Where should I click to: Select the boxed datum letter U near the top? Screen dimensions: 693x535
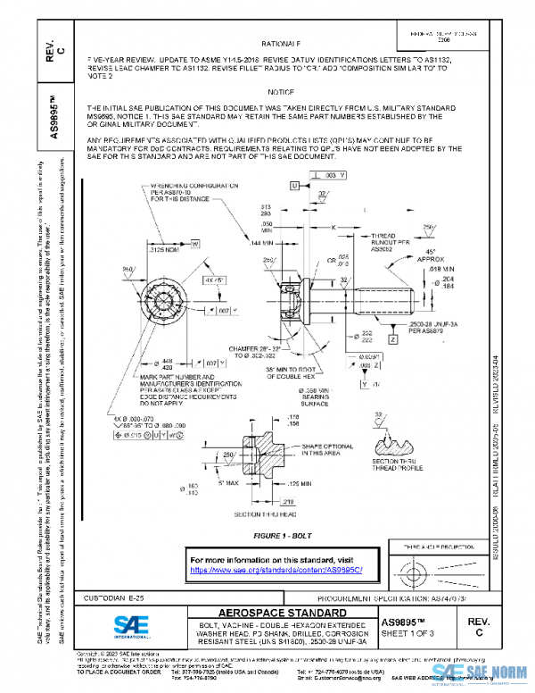click(x=293, y=185)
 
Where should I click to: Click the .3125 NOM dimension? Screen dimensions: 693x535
click(x=161, y=252)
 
